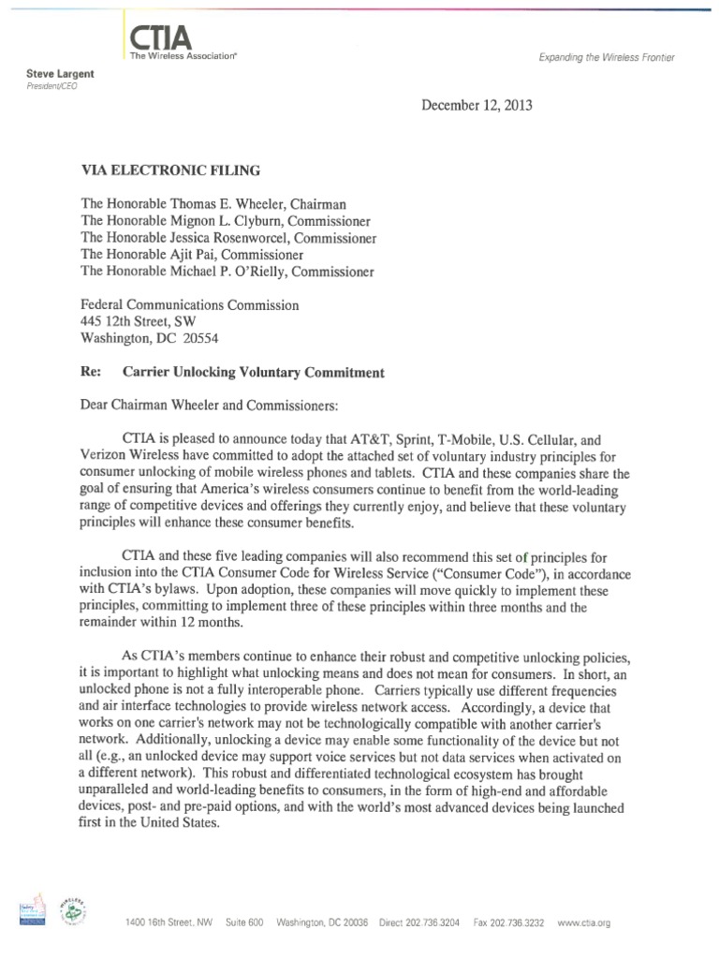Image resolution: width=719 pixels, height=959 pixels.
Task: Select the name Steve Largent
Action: point(54,73)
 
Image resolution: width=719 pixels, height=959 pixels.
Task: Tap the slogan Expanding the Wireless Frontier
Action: point(606,58)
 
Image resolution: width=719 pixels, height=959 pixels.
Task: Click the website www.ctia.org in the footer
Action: point(583,923)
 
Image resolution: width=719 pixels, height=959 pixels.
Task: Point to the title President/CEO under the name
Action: point(49,85)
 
